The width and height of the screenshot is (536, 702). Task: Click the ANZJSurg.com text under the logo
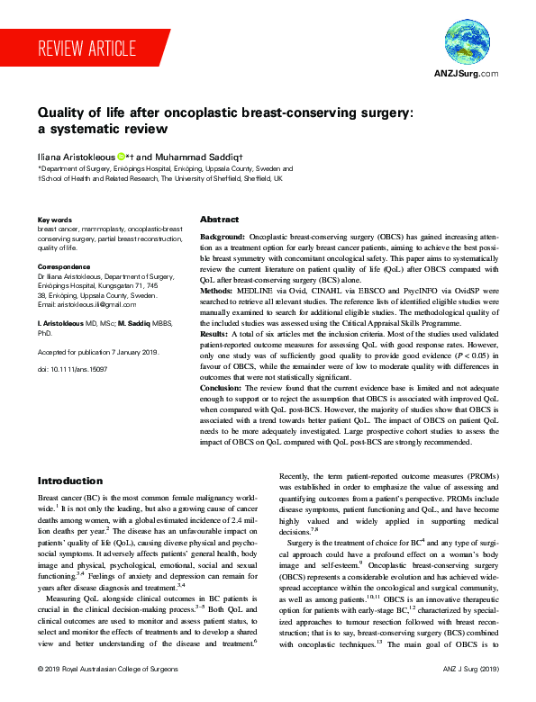pyautogui.click(x=466, y=75)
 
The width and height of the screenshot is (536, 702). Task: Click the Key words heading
pyautogui.click(x=55, y=220)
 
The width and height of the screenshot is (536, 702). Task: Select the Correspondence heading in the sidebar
pyautogui.click(x=64, y=267)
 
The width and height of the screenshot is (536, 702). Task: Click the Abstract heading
pyautogui.click(x=219, y=220)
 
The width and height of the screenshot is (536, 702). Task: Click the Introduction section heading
pyautogui.click(x=70, y=481)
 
